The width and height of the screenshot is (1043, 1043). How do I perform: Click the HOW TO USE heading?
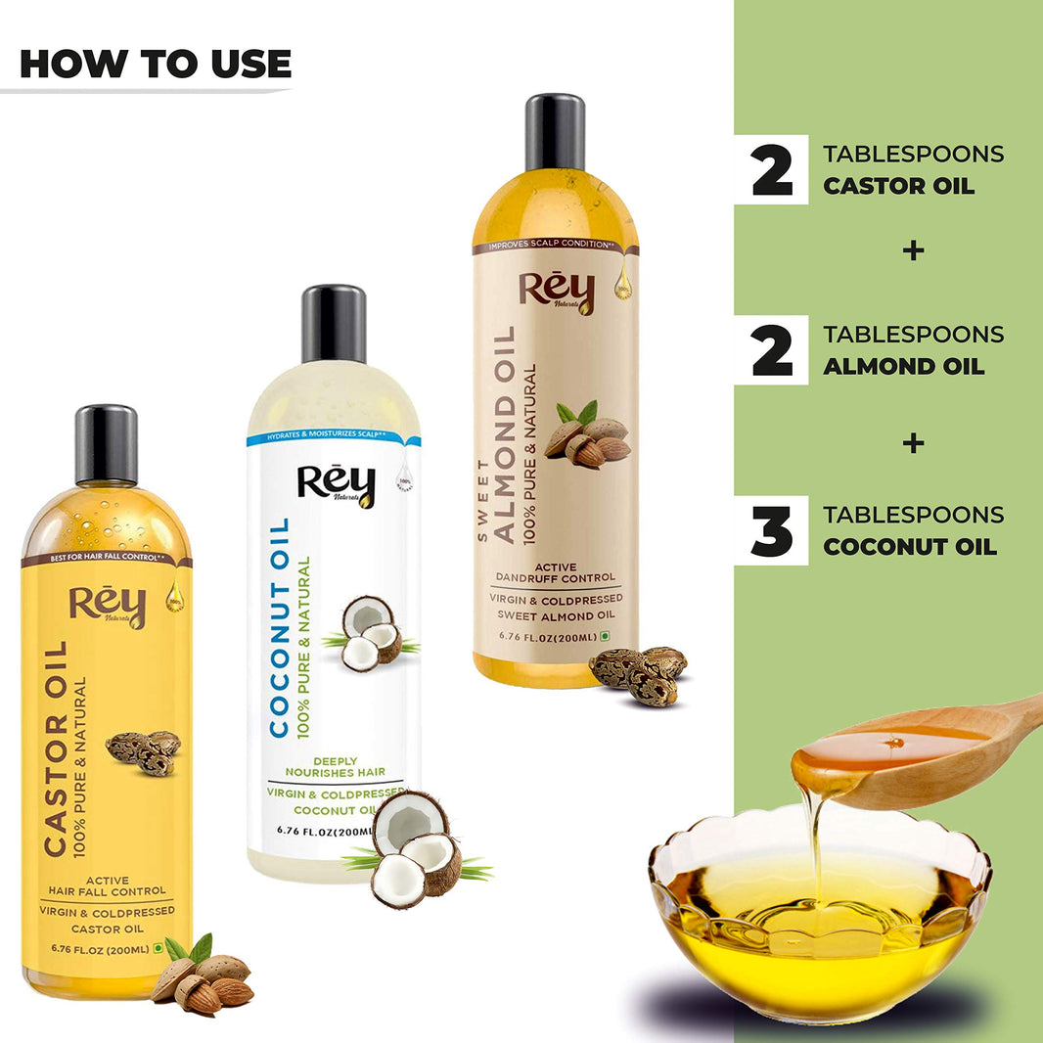click(x=156, y=64)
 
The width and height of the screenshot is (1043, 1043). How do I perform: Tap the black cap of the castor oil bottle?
click(x=106, y=443)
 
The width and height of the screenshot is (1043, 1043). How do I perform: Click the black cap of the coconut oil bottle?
click(x=334, y=324)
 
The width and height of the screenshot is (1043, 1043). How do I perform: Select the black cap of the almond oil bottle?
click(x=555, y=132)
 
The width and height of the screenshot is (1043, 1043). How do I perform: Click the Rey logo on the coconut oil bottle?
click(x=335, y=485)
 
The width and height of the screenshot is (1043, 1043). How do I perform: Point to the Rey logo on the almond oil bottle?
click(x=556, y=293)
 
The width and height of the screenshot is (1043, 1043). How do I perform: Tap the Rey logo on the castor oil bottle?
click(x=107, y=606)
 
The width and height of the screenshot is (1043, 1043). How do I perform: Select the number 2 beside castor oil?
click(x=772, y=170)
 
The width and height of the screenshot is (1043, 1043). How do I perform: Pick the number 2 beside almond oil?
click(x=772, y=350)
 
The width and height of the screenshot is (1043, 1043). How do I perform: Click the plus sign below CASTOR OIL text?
click(x=913, y=250)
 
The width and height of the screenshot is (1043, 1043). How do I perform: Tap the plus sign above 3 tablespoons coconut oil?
click(x=913, y=443)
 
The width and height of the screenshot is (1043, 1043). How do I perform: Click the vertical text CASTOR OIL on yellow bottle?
click(x=57, y=748)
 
